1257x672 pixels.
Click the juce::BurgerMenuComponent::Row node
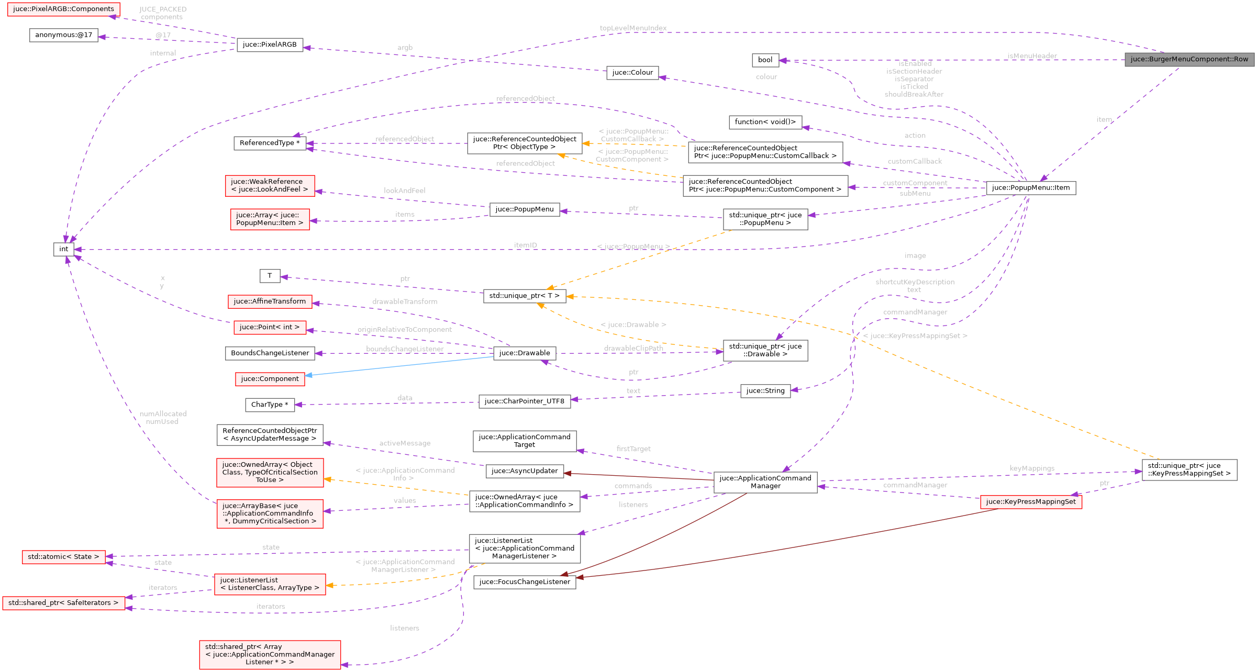point(1189,59)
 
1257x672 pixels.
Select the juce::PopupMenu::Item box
point(1030,187)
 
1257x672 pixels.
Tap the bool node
point(765,60)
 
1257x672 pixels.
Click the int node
point(63,249)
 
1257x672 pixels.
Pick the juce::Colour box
point(632,72)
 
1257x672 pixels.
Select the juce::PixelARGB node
point(270,44)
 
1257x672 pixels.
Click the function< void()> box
point(765,122)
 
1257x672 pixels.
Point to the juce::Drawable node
point(524,353)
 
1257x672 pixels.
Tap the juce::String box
point(765,390)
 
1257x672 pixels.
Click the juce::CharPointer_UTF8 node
point(524,401)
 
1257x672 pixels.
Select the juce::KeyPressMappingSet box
point(1030,501)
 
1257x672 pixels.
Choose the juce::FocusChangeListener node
point(524,581)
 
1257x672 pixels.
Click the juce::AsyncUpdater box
point(524,471)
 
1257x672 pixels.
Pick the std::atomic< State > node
point(63,556)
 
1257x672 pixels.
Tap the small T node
point(270,276)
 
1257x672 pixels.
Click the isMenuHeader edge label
point(1031,56)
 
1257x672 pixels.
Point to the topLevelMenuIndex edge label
point(633,28)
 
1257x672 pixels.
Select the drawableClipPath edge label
point(633,348)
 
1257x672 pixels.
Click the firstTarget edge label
point(633,449)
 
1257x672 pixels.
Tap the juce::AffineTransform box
point(270,301)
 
